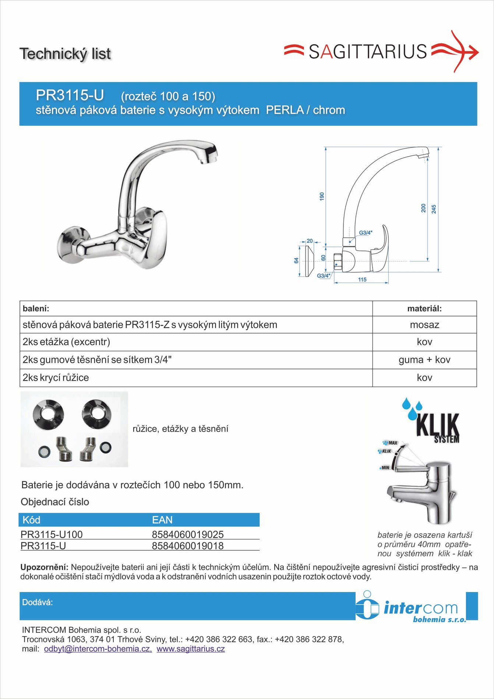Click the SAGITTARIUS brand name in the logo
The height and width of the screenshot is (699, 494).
(x=367, y=52)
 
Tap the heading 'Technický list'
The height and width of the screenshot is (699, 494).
(x=65, y=54)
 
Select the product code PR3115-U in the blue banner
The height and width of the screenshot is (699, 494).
(x=70, y=95)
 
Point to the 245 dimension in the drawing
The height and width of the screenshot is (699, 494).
(x=434, y=209)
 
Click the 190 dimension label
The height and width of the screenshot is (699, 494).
(x=322, y=196)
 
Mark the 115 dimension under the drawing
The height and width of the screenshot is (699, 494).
(x=362, y=280)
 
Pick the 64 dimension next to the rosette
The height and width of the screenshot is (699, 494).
(x=296, y=260)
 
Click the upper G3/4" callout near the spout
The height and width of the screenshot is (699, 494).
(x=366, y=233)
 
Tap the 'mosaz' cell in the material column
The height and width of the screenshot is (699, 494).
(x=424, y=325)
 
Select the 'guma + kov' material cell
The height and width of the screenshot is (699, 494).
(x=424, y=360)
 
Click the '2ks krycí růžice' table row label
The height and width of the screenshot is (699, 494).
(x=56, y=378)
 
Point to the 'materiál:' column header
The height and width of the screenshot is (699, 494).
(x=424, y=309)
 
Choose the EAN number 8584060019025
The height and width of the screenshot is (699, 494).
(x=188, y=534)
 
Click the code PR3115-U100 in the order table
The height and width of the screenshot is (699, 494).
(x=52, y=534)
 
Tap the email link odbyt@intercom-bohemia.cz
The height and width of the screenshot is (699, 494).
(x=98, y=649)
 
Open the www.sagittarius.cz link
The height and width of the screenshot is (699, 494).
(x=191, y=649)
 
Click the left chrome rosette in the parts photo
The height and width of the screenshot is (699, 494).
(x=48, y=414)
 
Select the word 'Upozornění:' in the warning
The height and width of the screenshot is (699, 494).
(x=44, y=567)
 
